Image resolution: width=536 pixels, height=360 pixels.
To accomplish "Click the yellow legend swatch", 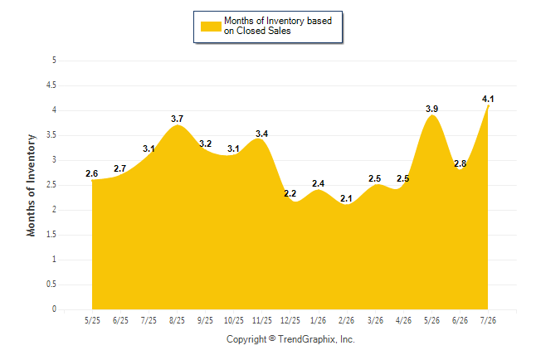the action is [211, 27].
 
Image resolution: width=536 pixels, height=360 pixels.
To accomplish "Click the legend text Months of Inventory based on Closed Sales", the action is [278, 26].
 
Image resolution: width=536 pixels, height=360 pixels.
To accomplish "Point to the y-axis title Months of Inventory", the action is [31, 185].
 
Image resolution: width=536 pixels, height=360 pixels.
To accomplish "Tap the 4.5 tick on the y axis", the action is [51, 85].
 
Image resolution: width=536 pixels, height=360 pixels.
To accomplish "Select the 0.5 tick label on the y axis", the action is [51, 285].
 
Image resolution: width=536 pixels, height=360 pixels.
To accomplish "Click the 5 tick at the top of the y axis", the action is [54, 61].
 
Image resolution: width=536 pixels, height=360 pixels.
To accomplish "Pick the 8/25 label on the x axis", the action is [177, 320].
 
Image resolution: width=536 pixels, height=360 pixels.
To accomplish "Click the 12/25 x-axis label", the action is [290, 320].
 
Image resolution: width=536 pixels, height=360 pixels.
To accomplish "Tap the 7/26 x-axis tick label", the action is [488, 320].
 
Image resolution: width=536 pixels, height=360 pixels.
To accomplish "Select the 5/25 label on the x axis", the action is [92, 320].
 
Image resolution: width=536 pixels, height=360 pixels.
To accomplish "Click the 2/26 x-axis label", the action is [346, 320].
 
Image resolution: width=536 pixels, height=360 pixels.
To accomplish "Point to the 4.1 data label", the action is [488, 99].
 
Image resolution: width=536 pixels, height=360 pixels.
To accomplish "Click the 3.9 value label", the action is [431, 109].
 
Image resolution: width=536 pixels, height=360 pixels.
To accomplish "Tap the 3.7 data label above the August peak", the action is [177, 119].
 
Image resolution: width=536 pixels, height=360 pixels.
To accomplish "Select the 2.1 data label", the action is [346, 198].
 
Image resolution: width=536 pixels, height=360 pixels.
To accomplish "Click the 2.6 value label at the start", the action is [91, 173].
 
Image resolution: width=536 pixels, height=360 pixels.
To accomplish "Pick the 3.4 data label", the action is [262, 134].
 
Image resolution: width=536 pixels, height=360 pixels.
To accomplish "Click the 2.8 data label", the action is [460, 163].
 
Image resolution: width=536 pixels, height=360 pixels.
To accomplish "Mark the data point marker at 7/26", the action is [488, 106].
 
